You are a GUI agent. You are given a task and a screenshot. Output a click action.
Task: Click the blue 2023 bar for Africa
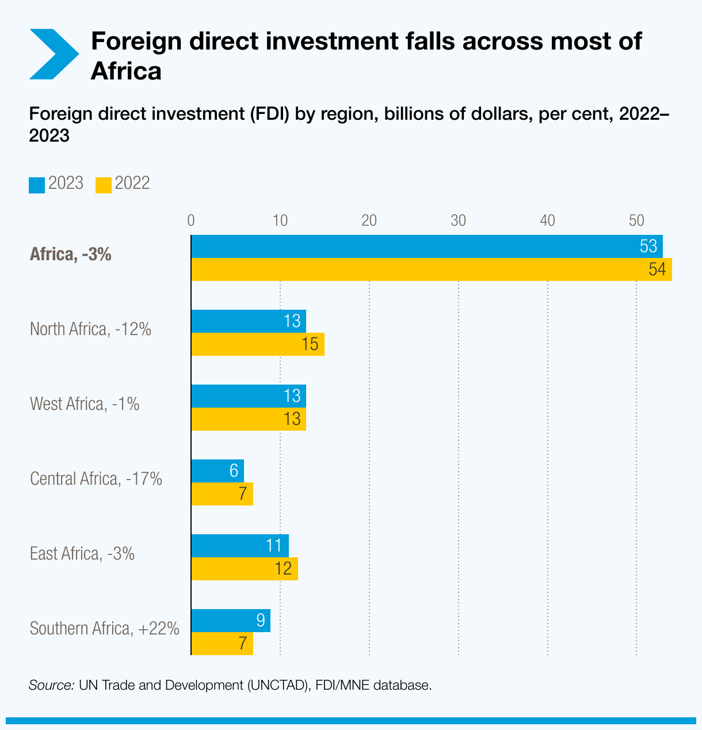[x=426, y=246]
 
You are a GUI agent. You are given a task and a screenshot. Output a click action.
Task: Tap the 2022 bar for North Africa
[x=257, y=344]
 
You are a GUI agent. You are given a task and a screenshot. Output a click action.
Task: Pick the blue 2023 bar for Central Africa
[x=217, y=471]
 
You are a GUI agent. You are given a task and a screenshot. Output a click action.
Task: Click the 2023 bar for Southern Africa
[x=230, y=621]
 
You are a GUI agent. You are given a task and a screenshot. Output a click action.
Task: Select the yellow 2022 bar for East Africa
[x=244, y=569]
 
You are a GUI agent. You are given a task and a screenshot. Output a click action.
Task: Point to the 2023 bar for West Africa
[x=248, y=396]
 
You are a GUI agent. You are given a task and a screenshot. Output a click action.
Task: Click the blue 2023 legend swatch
[x=37, y=184]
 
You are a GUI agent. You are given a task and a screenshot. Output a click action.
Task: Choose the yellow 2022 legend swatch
[x=104, y=184]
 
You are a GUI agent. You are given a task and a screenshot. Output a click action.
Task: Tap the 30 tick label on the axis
[x=458, y=220]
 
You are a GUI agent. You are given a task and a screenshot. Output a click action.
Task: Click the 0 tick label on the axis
[x=191, y=220]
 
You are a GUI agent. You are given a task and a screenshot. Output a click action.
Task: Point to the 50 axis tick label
[x=636, y=220]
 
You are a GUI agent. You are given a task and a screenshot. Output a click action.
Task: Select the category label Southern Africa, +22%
[x=104, y=628]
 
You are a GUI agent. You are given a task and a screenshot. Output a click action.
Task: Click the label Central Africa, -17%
[x=96, y=478]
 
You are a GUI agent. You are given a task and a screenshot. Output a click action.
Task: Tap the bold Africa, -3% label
[x=70, y=254]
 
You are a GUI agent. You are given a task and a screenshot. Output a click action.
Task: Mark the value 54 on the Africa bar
[x=657, y=269]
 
